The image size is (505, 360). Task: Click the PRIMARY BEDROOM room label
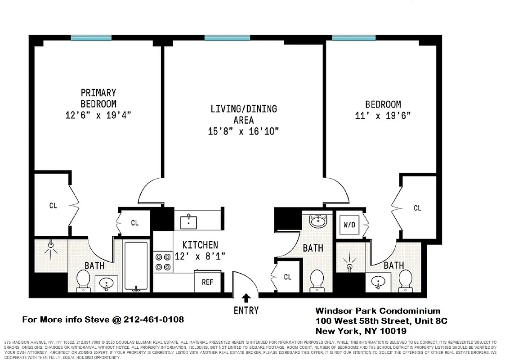pos(98,98)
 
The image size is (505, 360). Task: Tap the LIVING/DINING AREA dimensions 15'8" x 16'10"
pos(243,131)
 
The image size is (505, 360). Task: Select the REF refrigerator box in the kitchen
pos(207,282)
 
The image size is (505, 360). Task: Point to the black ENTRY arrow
pos(246,297)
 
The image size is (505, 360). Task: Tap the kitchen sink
pos(188,222)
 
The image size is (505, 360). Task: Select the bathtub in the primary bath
pos(136,266)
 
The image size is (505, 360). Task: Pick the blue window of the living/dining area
pos(227,38)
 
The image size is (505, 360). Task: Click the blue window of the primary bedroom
pos(91,38)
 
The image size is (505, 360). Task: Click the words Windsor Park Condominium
pos(378,311)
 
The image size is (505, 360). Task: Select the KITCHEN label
pos(200,245)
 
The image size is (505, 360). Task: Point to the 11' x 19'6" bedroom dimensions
pos(383,116)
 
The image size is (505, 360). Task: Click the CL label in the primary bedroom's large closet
pos(53,206)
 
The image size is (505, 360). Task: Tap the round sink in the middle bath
pos(318,220)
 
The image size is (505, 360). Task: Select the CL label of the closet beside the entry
pos(287,277)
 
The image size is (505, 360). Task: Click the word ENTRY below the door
pos(246,310)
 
